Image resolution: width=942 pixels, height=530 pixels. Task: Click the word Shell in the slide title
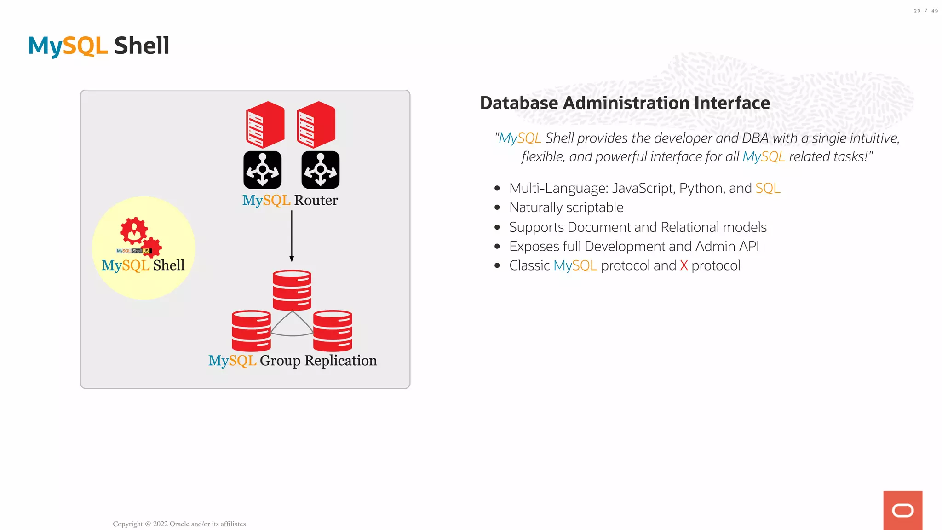(142, 46)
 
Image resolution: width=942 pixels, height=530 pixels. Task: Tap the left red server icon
(265, 125)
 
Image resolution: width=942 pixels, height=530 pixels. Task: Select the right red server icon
(316, 125)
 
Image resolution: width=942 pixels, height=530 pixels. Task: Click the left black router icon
(262, 170)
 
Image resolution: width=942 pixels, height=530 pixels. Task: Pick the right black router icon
(321, 170)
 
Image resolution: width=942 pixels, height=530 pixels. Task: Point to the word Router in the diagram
(316, 200)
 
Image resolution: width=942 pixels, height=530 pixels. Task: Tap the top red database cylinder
(292, 290)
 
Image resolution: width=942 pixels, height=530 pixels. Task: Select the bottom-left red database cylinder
(251, 331)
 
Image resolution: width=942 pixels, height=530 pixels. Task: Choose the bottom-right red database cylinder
(333, 331)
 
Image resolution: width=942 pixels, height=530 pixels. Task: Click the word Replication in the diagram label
(340, 361)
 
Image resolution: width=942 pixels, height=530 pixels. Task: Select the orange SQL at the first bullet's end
(768, 188)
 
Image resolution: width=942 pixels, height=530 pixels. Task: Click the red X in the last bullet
(684, 266)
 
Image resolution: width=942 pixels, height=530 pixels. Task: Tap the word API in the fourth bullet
(749, 247)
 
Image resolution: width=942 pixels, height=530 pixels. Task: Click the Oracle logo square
(902, 510)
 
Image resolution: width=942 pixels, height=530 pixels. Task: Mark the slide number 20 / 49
(925, 11)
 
